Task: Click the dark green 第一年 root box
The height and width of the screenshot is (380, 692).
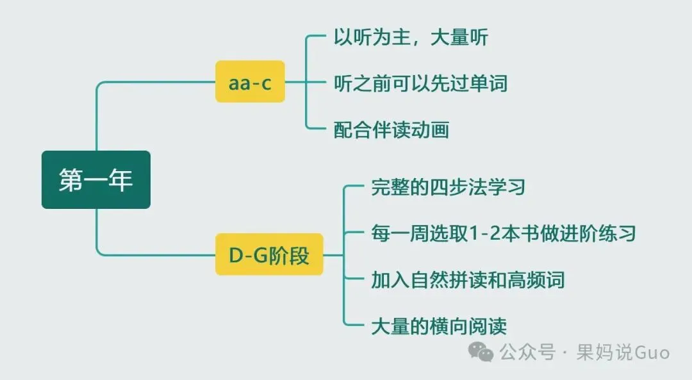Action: [96, 180]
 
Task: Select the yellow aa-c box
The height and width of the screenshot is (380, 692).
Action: [250, 81]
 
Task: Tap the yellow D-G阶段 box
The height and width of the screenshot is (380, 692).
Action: [269, 255]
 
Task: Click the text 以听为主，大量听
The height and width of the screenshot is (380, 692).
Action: [411, 37]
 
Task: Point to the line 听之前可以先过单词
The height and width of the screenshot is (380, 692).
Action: [420, 83]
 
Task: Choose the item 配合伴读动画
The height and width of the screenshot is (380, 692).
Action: [391, 130]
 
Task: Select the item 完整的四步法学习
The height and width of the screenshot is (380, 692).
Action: [449, 187]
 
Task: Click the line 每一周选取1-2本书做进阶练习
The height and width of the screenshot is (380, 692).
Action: [504, 233]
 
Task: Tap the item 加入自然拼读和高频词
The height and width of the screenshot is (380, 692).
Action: [468, 279]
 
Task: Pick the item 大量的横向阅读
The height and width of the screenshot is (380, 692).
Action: [439, 326]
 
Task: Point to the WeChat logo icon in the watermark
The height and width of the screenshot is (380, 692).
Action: [481, 351]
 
